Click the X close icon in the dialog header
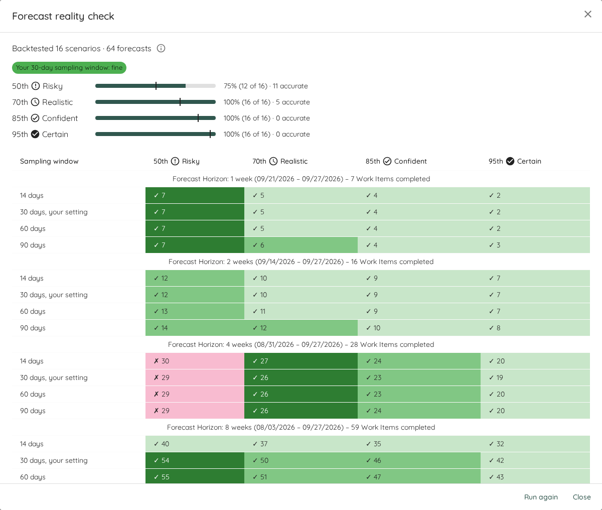(x=588, y=14)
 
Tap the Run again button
(x=541, y=497)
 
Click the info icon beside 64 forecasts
(x=161, y=48)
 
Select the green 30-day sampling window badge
(x=69, y=68)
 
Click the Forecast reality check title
(x=63, y=16)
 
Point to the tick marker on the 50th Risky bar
(x=156, y=86)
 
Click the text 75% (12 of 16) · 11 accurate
(x=265, y=86)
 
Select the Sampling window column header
(x=49, y=161)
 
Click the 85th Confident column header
(x=396, y=161)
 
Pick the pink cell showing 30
(x=195, y=361)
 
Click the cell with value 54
(x=195, y=460)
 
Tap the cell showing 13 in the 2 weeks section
(x=195, y=311)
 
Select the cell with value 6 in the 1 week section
(x=301, y=245)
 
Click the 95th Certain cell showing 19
(x=535, y=377)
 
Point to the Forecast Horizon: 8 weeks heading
(x=301, y=427)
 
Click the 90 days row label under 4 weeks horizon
(x=33, y=411)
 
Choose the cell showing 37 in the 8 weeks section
(x=301, y=444)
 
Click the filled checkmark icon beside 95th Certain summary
(x=35, y=134)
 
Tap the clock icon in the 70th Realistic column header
(x=273, y=161)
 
